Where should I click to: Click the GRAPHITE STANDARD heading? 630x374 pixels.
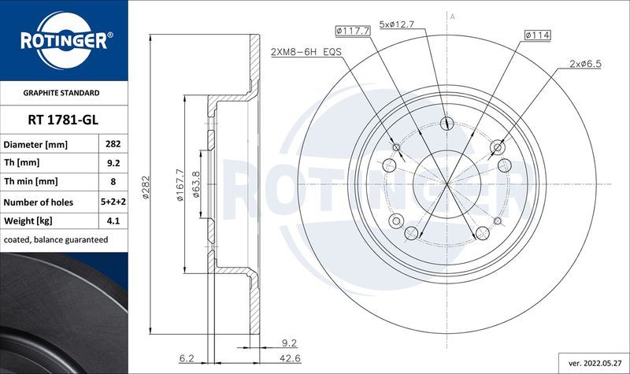[x=63, y=92]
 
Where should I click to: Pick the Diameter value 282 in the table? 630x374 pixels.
[x=112, y=145]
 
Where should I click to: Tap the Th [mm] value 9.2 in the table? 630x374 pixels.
[x=112, y=164]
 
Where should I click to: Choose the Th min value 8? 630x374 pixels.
[x=112, y=183]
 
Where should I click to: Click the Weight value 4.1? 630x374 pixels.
[x=112, y=220]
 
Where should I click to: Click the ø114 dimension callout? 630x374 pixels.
[x=539, y=34]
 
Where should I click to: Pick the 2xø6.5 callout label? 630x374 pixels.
[x=585, y=63]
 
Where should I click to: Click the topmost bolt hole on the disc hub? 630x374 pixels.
[x=447, y=122]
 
